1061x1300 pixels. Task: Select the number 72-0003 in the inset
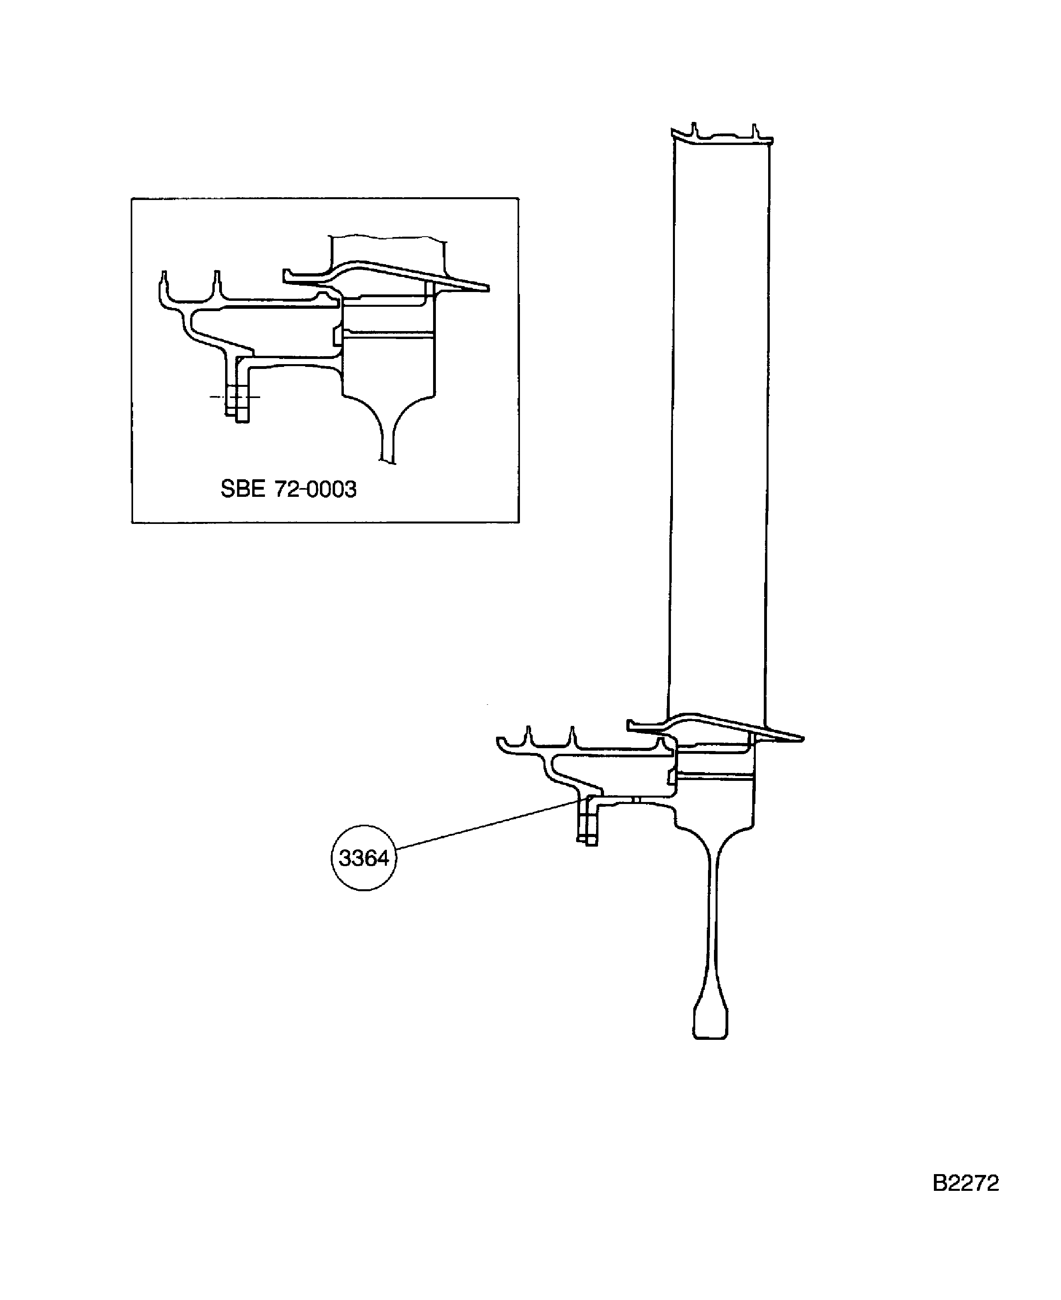pyautogui.click(x=315, y=489)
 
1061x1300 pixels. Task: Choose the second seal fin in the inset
pyautogui.click(x=216, y=284)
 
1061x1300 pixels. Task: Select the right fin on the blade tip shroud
pyautogui.click(x=754, y=130)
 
